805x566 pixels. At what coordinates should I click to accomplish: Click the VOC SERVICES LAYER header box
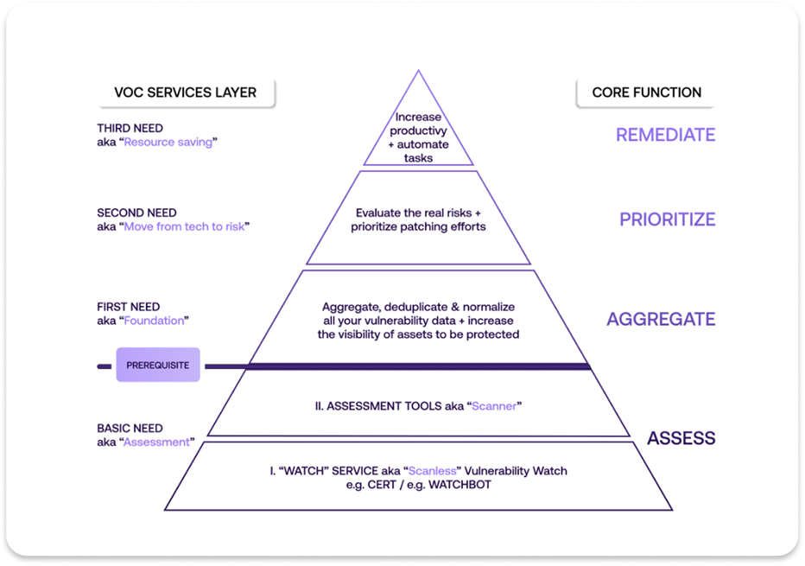pos(185,92)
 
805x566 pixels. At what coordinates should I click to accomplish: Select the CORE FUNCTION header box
pos(646,92)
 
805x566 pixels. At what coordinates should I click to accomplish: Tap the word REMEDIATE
pos(665,135)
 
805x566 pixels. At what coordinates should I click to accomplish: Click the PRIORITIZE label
pos(667,219)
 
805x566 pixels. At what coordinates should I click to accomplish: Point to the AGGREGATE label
pos(661,320)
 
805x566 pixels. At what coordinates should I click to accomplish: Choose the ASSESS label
pos(681,438)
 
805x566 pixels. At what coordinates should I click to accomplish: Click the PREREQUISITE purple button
pos(157,366)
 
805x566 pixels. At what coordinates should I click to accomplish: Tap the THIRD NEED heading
pos(130,129)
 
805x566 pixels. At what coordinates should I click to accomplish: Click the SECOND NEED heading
pos(136,213)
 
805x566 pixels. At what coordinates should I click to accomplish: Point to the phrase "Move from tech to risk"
pos(186,226)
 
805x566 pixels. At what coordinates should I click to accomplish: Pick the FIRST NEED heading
pos(128,307)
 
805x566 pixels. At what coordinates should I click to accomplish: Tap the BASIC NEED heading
pos(130,429)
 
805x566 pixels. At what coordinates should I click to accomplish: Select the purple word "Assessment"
pos(156,442)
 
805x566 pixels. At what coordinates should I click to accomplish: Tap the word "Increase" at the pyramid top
pos(418,118)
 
